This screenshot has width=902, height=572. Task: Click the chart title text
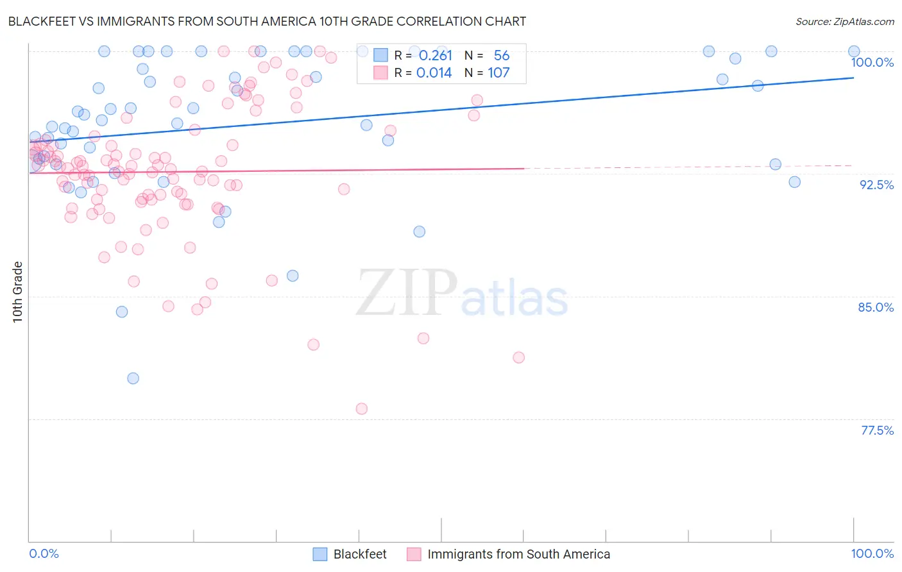point(267,21)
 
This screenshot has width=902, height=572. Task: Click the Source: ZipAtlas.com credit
point(844,21)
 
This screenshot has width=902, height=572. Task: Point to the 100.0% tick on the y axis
point(872,62)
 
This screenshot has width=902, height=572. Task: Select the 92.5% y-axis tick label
point(876,185)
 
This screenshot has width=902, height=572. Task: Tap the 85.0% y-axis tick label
point(876,307)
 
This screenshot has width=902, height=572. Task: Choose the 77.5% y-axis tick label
point(877,430)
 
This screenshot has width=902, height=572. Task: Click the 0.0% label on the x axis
point(44,553)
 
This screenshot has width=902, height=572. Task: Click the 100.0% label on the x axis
point(872,553)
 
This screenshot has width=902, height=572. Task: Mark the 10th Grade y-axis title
point(18,292)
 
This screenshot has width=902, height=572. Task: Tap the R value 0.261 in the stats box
point(435,56)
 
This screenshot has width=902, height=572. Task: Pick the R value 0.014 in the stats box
point(434,73)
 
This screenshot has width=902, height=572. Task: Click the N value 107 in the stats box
point(498,73)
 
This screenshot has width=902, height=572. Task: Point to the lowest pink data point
point(362,409)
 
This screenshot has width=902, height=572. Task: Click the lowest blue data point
point(133,378)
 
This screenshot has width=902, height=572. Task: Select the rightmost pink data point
point(519,358)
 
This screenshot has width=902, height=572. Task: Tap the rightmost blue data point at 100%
point(854,51)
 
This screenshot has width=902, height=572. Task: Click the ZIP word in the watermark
point(407,293)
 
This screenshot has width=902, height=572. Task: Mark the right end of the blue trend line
point(854,78)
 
